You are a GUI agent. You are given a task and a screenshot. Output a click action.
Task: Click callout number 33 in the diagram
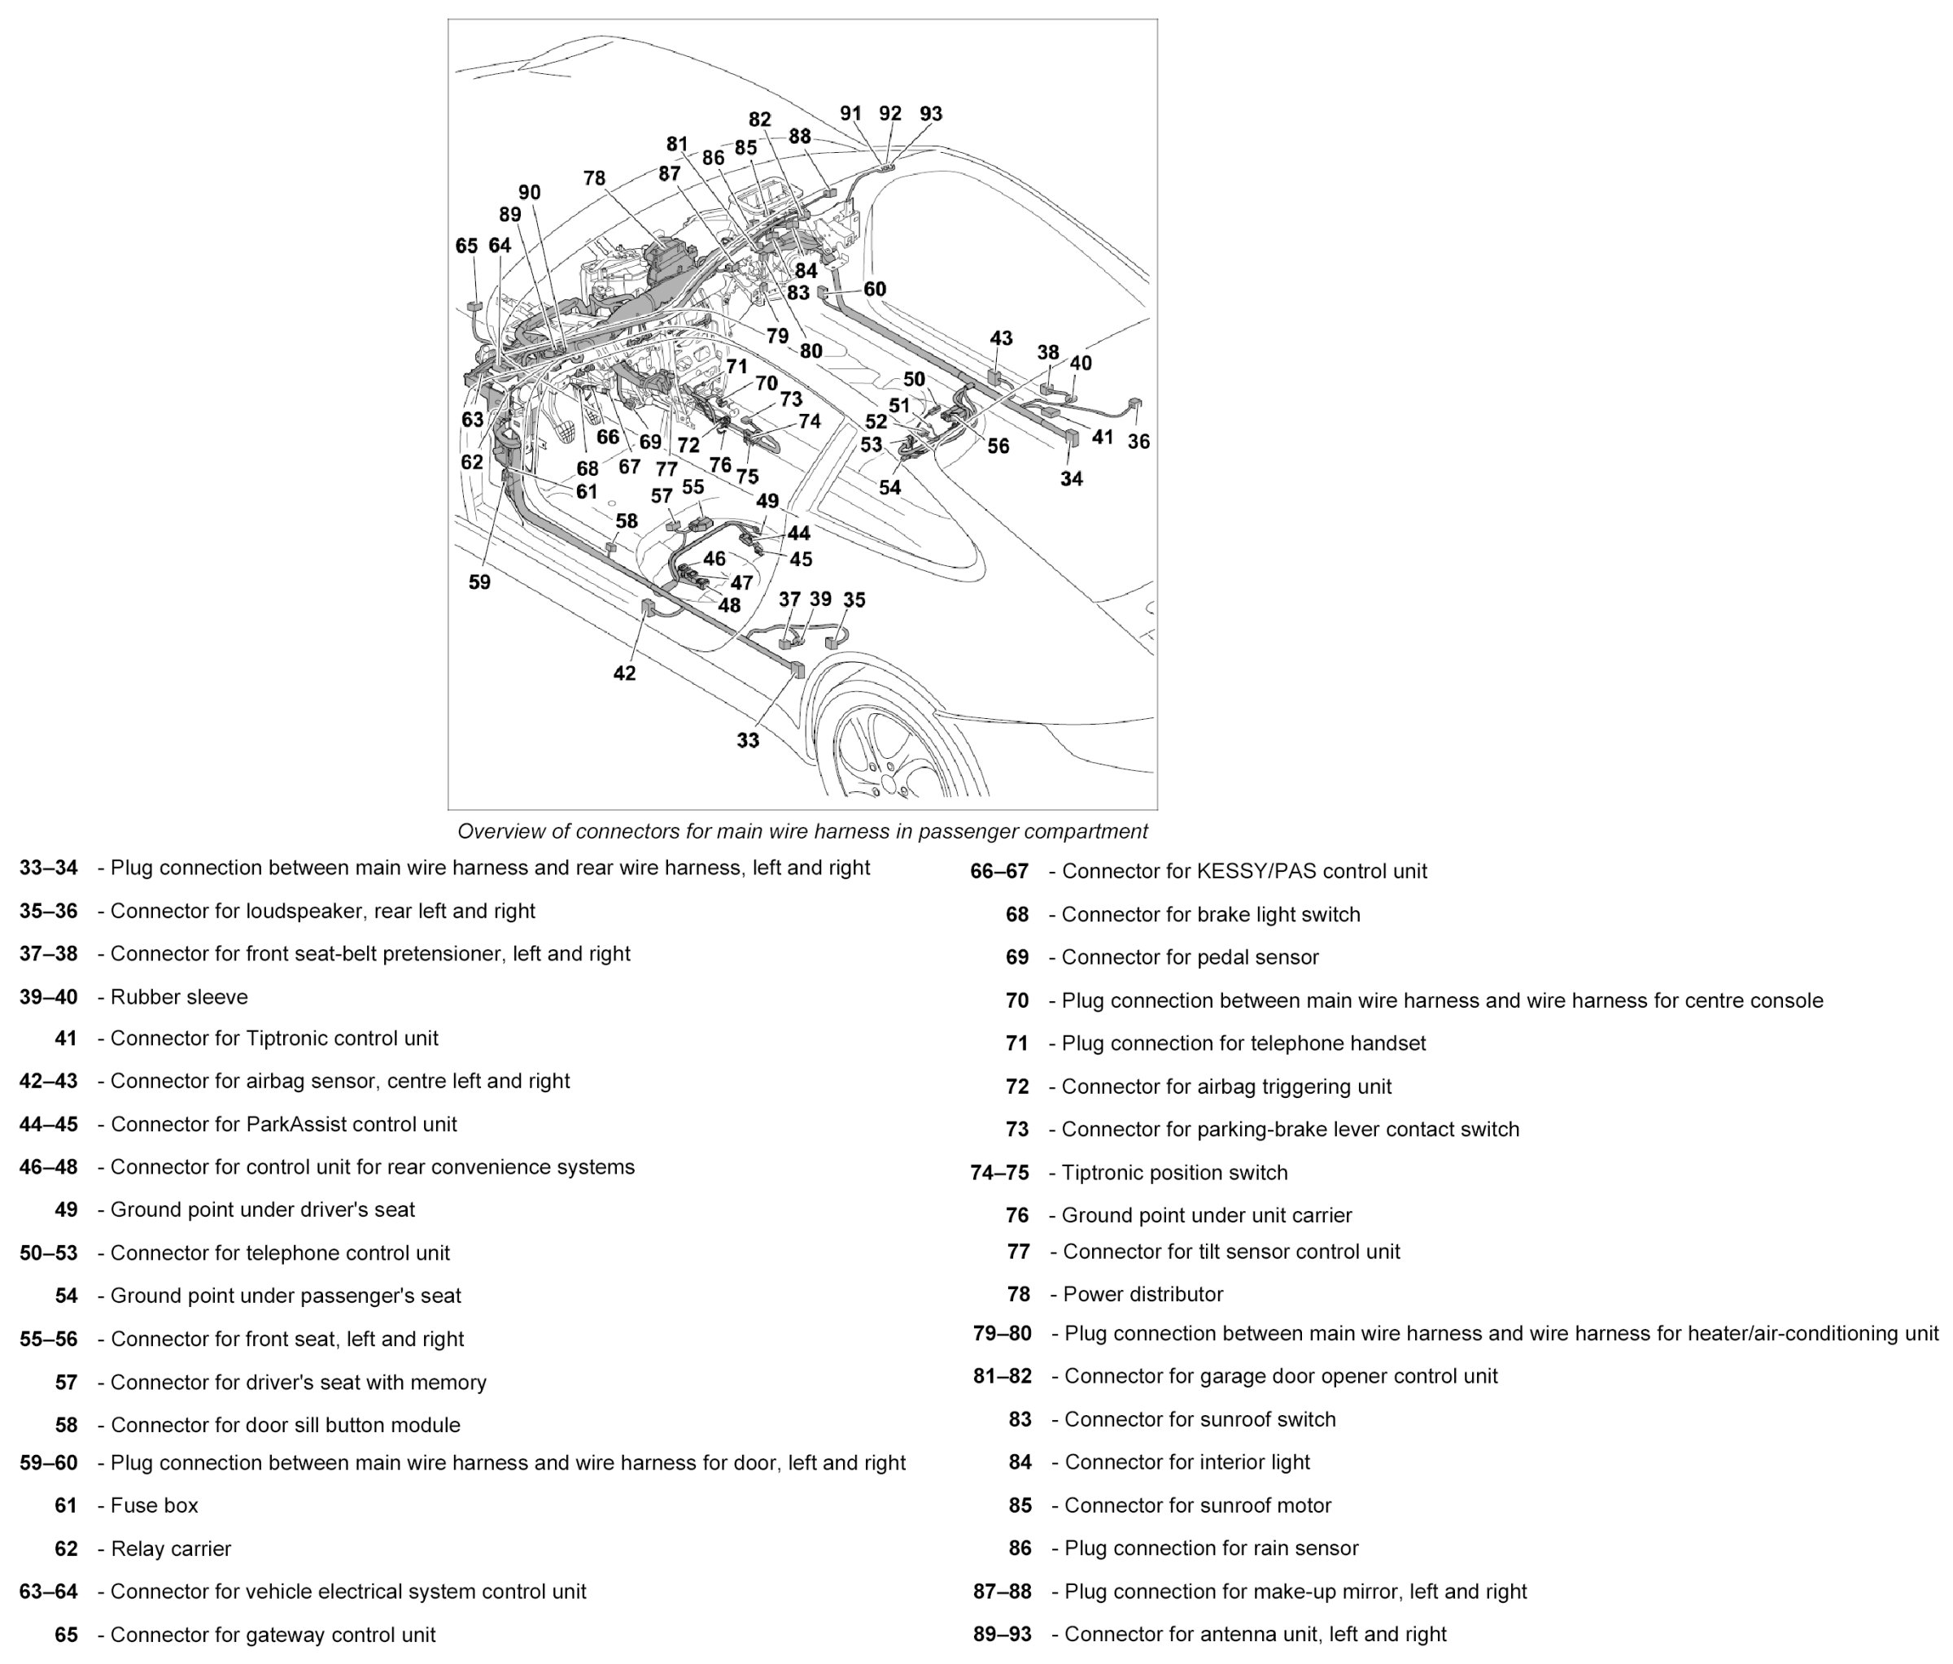point(748,741)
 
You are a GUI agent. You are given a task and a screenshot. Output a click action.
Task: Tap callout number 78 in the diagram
point(594,178)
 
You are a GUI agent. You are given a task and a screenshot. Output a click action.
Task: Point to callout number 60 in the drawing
point(875,290)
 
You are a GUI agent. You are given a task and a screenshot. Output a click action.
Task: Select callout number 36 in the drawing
point(1138,441)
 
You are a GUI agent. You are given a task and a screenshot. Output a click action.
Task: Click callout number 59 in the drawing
point(480,582)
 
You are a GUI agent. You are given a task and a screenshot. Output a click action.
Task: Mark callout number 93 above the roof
point(930,114)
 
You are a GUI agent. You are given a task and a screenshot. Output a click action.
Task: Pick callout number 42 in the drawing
point(624,673)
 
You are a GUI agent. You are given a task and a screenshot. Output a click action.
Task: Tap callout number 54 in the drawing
point(889,487)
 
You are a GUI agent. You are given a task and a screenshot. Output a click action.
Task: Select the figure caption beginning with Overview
point(802,831)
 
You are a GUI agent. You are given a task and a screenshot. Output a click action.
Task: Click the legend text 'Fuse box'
point(155,1505)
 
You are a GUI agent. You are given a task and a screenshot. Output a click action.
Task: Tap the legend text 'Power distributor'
point(1143,1294)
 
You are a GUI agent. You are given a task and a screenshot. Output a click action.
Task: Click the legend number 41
point(66,1039)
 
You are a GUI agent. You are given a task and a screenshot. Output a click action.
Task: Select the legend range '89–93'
point(1002,1634)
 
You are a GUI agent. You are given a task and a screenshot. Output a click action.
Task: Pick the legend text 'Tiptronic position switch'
point(1174,1172)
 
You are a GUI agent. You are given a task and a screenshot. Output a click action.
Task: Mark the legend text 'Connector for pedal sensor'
point(1191,956)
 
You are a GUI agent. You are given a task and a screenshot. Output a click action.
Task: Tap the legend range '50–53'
point(48,1253)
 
